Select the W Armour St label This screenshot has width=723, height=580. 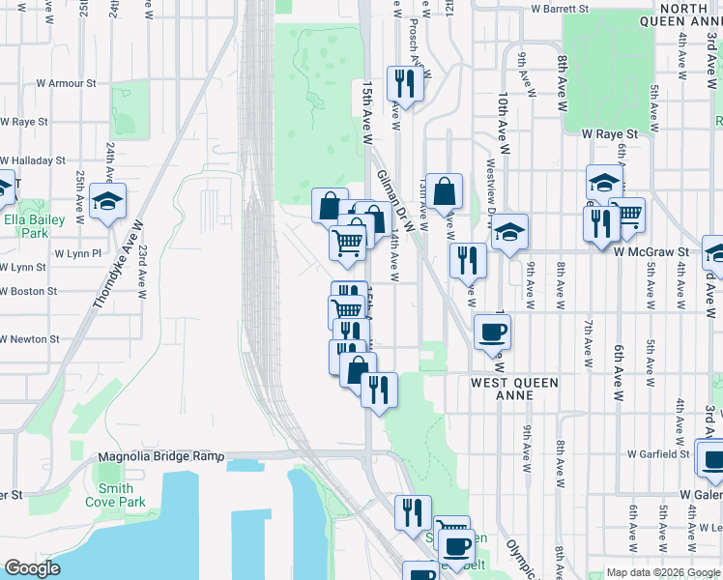point(59,84)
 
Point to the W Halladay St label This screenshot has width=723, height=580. point(32,160)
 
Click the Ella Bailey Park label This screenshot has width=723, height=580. point(26,226)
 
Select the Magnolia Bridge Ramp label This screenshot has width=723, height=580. point(160,456)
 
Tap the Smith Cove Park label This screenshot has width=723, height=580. point(115,495)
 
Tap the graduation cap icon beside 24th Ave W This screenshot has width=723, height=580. point(107,201)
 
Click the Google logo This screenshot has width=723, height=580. point(32,568)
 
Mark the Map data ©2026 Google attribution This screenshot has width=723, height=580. point(663,572)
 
